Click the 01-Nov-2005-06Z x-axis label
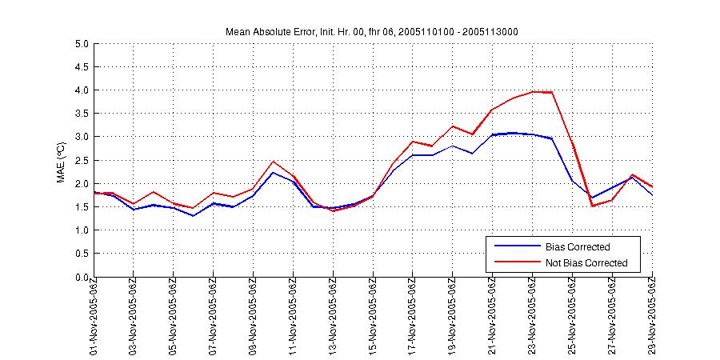tap(94, 318)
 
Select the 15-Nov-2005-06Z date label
tap(374, 318)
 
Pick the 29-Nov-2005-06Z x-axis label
tap(653, 318)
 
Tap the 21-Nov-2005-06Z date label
tap(494, 318)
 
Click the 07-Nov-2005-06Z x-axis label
tap(214, 318)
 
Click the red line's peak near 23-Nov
tap(534, 91)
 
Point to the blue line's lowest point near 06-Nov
tap(194, 215)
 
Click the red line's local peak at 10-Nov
tap(274, 162)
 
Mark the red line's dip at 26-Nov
tap(593, 206)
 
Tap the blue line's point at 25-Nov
tap(573, 181)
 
